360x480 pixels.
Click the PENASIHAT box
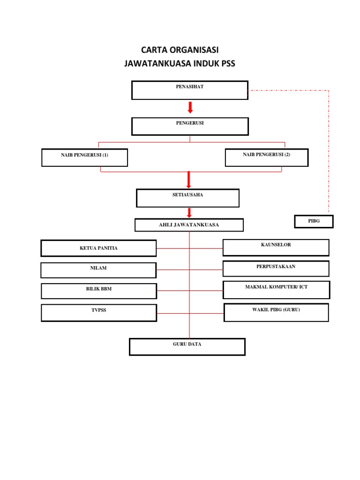(190, 90)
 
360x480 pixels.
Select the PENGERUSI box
(190, 127)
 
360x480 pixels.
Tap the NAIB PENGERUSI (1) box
(84, 157)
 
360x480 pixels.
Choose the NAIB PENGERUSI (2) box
(267, 157)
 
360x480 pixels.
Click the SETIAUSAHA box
(187, 198)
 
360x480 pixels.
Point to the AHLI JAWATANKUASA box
(189, 225)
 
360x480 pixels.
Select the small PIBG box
(314, 221)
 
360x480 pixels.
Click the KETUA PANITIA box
(98, 248)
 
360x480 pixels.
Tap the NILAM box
(98, 270)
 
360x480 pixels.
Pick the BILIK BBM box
(98, 291)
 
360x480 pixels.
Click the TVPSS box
(98, 313)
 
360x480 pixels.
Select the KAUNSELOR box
(276, 247)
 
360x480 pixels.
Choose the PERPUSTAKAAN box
(276, 269)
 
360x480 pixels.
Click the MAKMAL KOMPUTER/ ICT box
(276, 290)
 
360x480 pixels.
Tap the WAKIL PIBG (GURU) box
(276, 312)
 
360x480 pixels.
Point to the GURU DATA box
(187, 347)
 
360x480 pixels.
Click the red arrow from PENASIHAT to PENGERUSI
(190, 108)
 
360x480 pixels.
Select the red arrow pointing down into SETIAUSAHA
(188, 180)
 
